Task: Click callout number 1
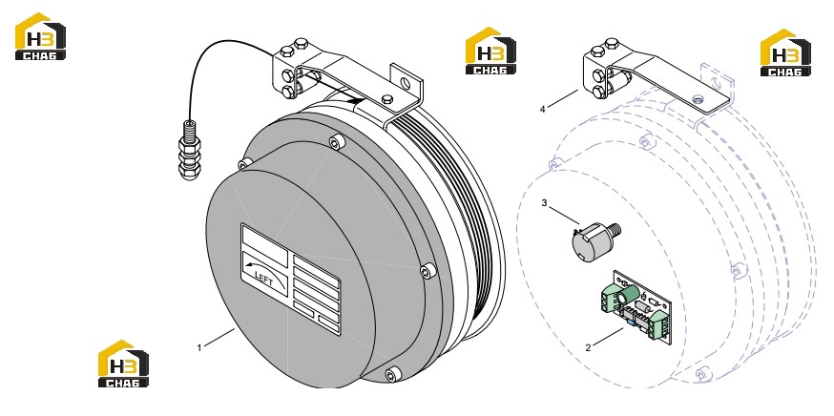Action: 199,348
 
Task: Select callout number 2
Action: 588,348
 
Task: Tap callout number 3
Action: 544,202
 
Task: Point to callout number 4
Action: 543,110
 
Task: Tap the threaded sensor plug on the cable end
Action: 188,149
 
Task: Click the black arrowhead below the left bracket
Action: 355,99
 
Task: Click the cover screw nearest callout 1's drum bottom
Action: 393,374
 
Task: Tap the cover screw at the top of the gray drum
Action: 337,142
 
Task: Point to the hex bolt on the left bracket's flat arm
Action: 387,98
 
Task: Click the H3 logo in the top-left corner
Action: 40,36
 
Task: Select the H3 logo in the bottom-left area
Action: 123,364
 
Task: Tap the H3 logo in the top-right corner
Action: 785,52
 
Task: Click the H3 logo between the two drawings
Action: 490,51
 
